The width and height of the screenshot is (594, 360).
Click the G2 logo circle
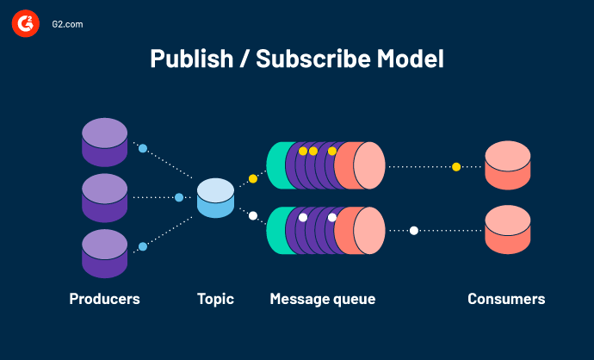coord(25,25)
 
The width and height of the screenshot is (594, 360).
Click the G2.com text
coord(66,25)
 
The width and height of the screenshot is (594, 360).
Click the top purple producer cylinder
coord(105,142)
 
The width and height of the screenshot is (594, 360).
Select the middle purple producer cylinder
coord(105,197)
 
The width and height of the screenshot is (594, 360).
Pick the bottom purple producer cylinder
coord(105,253)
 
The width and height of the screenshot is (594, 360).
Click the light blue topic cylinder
coord(215,198)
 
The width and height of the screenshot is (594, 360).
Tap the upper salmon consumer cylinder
coord(507,165)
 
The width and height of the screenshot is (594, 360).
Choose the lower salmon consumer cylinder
coord(507,230)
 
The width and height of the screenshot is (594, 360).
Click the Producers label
coord(104,299)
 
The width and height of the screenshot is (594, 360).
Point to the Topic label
coord(215,299)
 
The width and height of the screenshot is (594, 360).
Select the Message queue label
coord(323,299)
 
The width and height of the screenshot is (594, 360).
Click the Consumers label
coord(506,299)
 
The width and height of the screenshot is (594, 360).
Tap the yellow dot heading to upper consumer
coord(456,166)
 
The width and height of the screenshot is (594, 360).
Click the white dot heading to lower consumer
coord(414,230)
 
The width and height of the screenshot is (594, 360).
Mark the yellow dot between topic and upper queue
coord(253,178)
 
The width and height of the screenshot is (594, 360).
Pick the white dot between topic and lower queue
coord(253,216)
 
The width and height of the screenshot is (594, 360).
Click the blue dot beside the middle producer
coord(179,197)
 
